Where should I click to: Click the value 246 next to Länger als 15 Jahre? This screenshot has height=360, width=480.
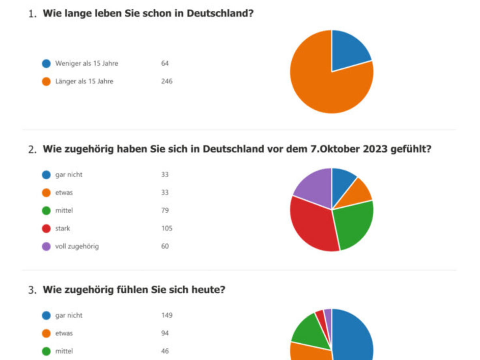[x=167, y=81]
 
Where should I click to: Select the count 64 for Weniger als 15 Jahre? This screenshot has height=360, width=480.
[x=165, y=63]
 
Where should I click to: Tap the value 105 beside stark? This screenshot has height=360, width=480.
[x=167, y=228]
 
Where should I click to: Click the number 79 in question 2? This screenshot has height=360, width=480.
[x=165, y=210]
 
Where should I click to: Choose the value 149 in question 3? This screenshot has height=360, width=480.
[x=167, y=315]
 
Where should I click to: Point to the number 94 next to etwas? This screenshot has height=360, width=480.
[x=165, y=333]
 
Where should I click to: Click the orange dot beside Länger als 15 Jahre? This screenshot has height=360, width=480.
[x=46, y=82]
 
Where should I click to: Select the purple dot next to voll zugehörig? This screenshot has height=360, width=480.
[x=46, y=246]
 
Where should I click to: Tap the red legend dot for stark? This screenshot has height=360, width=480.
[x=46, y=228]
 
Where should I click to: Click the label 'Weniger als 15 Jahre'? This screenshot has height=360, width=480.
[x=86, y=63]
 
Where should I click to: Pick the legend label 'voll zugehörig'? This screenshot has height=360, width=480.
[x=77, y=246]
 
